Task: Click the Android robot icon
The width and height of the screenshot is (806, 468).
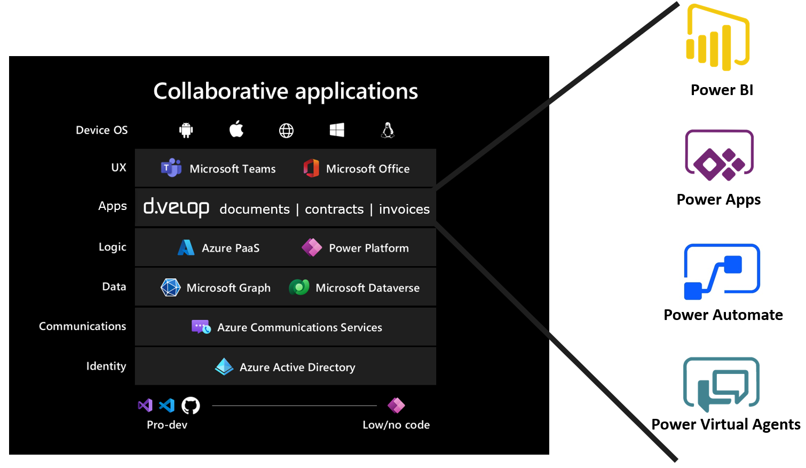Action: [186, 130]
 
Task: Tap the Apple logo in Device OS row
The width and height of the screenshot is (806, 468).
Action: [236, 129]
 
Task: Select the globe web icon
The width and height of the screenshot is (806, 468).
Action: [287, 130]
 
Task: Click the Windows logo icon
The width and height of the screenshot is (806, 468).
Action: [337, 130]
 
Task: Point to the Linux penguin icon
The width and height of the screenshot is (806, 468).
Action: [388, 130]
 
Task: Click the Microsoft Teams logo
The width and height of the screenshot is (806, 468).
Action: [171, 168]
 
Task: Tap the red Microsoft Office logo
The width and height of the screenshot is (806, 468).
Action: [311, 168]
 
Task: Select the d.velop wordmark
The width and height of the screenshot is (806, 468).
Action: [176, 207]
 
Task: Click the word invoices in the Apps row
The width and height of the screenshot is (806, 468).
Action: [404, 209]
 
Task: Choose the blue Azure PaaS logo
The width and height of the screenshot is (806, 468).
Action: [186, 248]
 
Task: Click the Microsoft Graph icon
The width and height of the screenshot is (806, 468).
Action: [171, 287]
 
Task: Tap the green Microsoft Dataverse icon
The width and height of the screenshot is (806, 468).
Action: [299, 287]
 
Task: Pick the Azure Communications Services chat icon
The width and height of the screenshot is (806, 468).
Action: [201, 327]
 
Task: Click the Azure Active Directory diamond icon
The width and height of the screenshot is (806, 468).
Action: [224, 367]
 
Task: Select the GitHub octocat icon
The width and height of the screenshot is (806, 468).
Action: [191, 405]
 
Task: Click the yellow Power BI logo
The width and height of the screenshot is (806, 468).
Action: [717, 40]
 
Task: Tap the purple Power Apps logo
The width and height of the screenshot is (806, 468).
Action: [719, 155]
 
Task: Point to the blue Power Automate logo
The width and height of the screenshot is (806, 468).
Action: [722, 271]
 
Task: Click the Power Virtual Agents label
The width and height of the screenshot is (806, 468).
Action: [726, 424]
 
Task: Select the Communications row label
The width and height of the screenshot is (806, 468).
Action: [82, 326]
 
